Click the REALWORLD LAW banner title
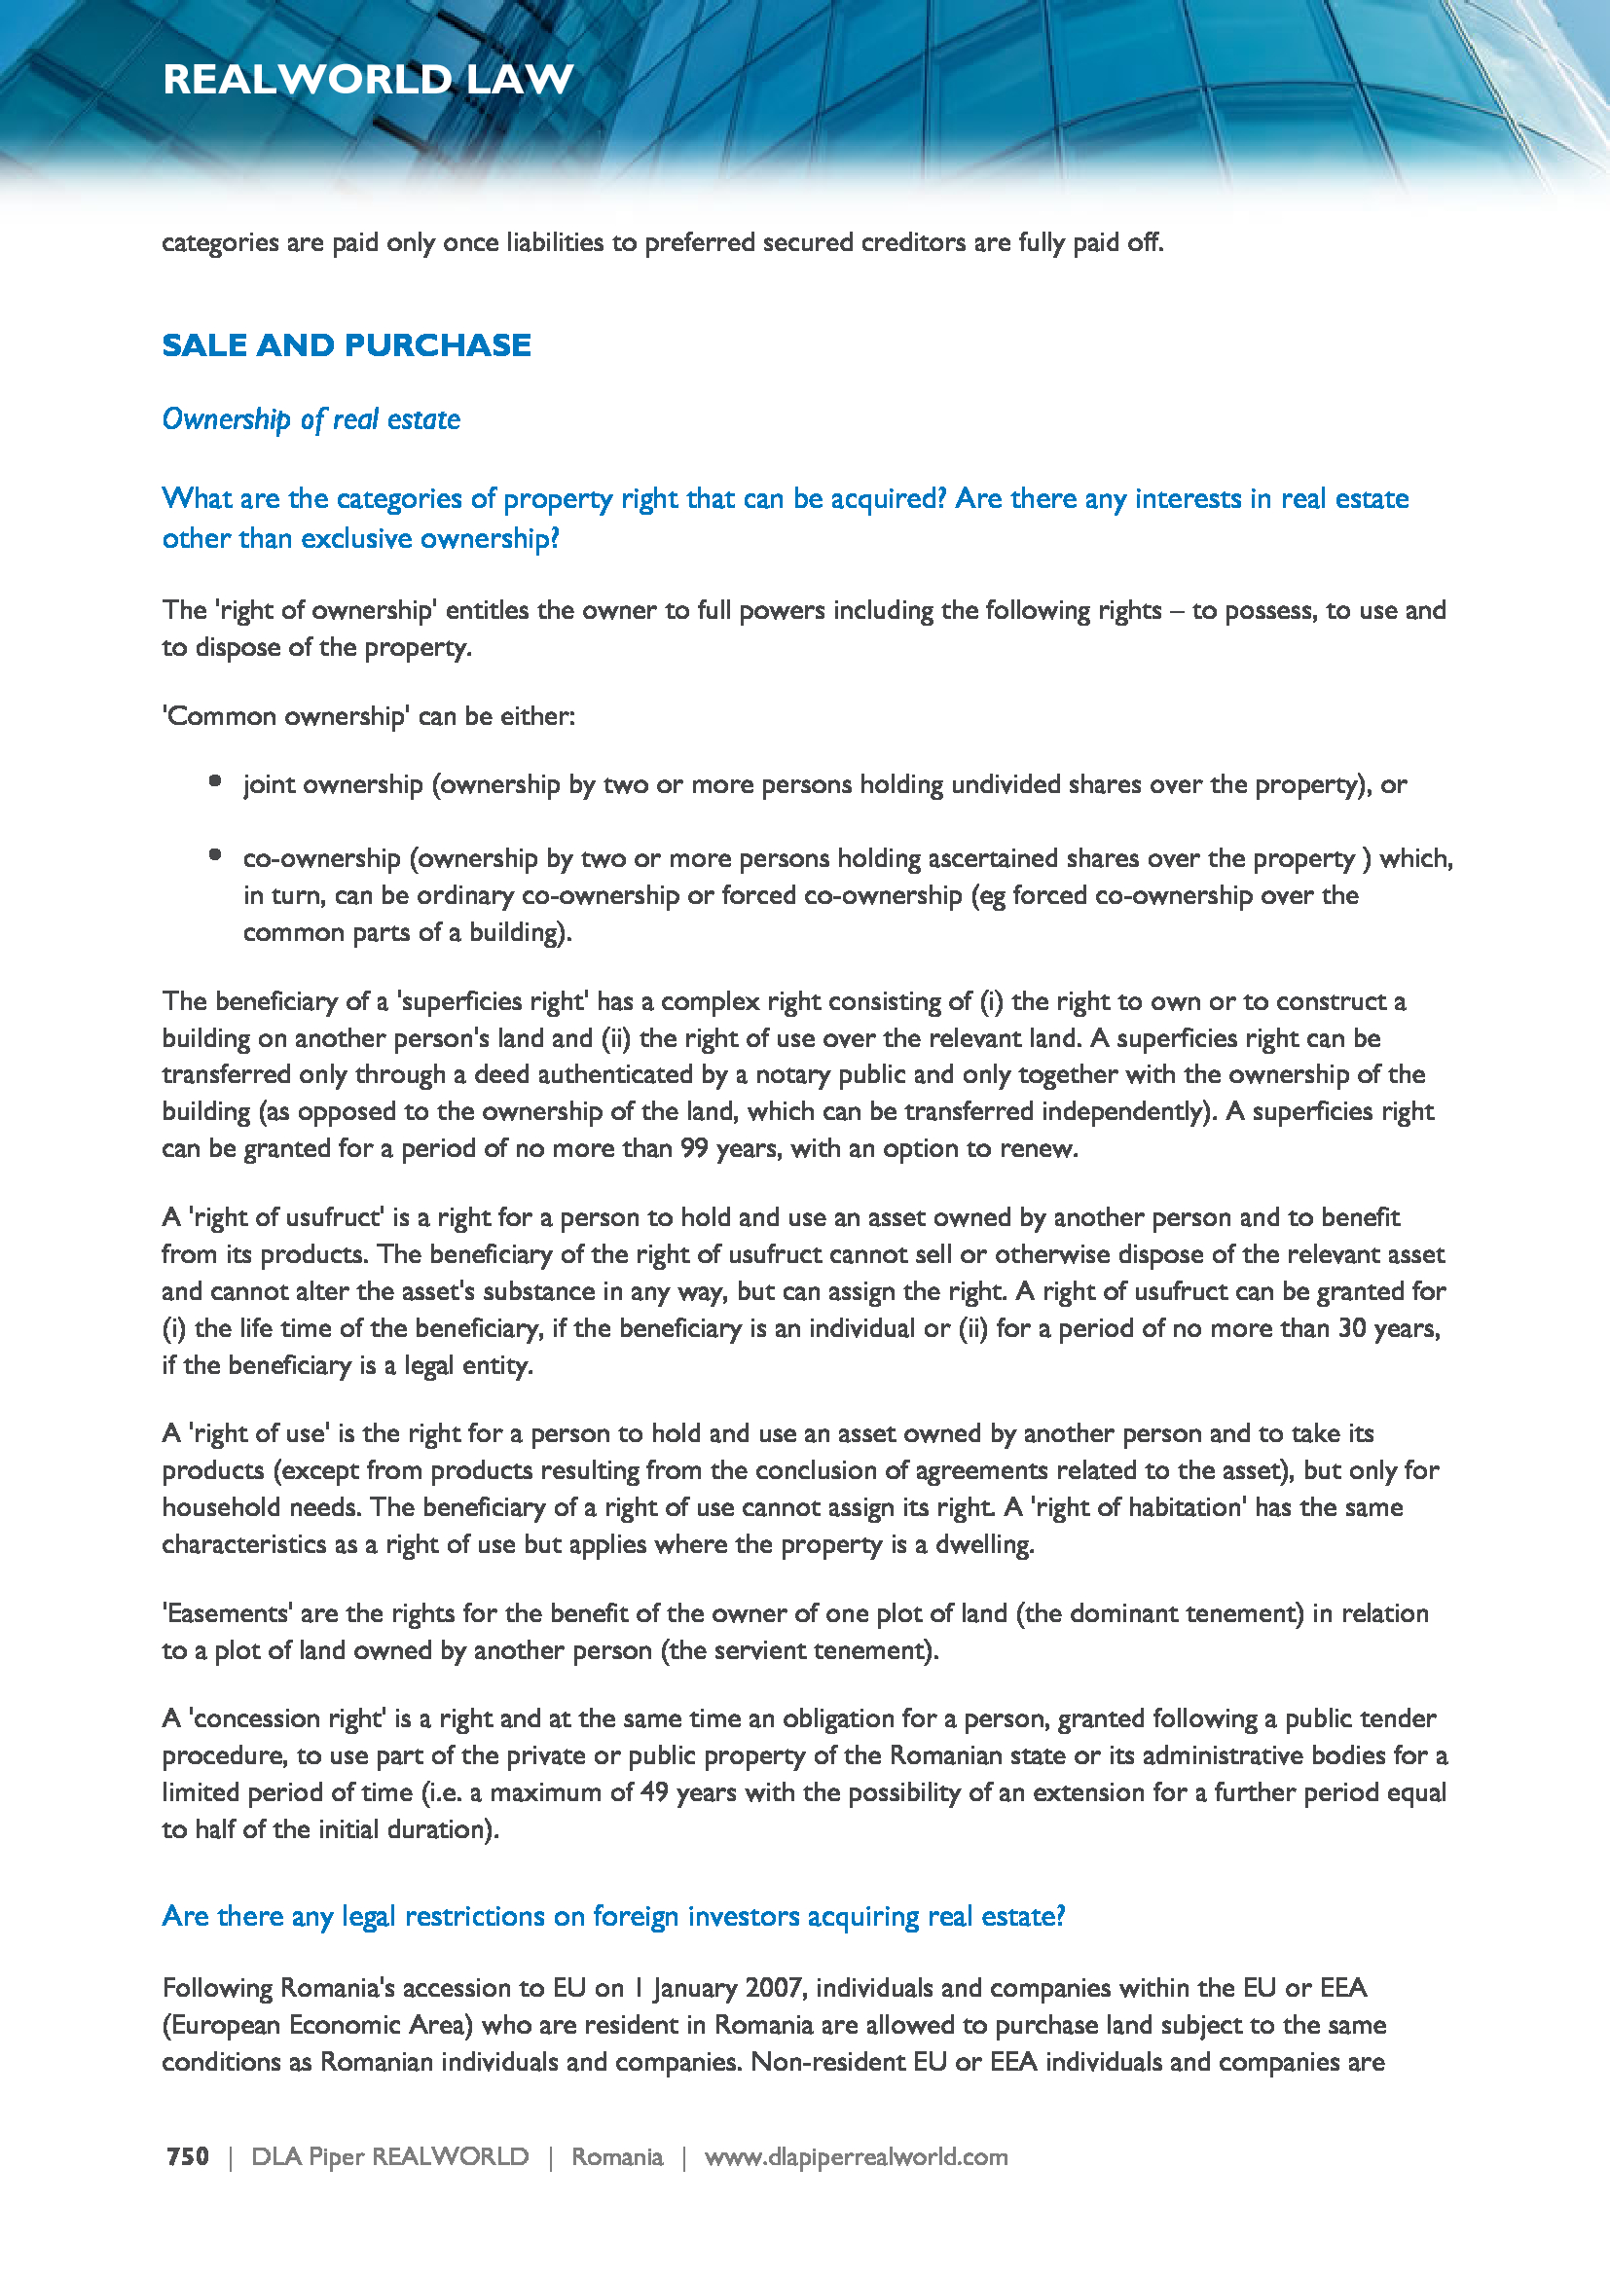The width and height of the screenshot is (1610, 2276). [368, 79]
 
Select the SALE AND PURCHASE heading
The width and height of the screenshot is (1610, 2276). [346, 345]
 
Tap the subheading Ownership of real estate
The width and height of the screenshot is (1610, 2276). [311, 419]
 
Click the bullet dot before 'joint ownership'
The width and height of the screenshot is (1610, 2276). [215, 781]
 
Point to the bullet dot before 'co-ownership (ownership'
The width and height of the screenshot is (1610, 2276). [215, 854]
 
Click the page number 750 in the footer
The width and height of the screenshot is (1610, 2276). [187, 2156]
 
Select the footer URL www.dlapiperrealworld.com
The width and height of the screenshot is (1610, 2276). [856, 2156]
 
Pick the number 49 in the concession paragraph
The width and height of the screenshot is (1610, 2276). [654, 1792]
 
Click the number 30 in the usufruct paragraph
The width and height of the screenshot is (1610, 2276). [1353, 1328]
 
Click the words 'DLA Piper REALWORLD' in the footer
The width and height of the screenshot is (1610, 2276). [389, 2156]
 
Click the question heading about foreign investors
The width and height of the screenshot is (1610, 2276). [612, 1916]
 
